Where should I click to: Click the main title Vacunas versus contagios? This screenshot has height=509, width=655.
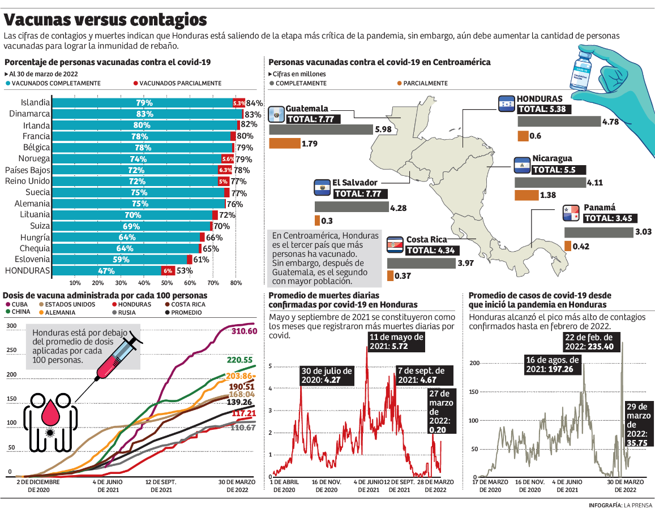pos(105,20)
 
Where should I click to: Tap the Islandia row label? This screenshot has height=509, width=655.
pos(35,103)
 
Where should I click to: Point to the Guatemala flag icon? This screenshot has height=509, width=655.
pos(276,114)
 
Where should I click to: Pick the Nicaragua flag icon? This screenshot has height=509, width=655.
pos(522,165)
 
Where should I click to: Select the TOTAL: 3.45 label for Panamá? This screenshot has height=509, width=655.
pos(610,218)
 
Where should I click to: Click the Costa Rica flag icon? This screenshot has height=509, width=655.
pos(395,245)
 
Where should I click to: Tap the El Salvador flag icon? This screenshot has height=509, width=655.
pos(322,188)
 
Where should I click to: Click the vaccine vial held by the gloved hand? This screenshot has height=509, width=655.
pos(580,71)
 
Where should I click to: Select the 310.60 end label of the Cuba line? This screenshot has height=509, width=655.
pos(244,331)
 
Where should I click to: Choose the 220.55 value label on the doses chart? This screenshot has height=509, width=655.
pos(240,360)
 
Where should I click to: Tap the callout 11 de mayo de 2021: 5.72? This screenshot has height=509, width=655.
pos(396,341)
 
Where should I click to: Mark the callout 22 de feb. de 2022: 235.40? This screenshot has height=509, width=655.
pos(593,342)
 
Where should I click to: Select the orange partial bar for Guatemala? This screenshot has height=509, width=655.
pos(284,144)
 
